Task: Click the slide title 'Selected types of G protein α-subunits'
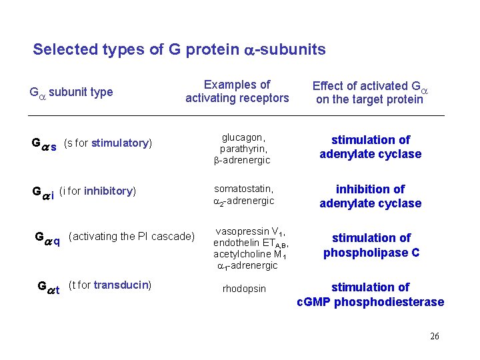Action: [x=179, y=49]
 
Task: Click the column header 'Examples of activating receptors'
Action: [x=237, y=92]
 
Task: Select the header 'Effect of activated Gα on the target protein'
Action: [x=370, y=93]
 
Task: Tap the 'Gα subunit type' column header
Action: [x=71, y=92]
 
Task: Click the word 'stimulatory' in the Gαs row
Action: [x=120, y=143]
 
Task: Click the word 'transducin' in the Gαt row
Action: [x=122, y=285]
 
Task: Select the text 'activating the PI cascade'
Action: [x=131, y=237]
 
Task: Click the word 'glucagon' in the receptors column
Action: [x=241, y=137]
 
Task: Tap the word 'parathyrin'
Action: [x=243, y=149]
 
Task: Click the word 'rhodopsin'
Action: [x=244, y=289]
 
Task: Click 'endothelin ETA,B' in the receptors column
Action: [x=249, y=243]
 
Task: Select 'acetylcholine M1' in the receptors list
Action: [x=249, y=254]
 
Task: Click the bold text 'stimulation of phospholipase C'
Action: [x=371, y=245]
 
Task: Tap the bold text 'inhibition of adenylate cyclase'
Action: [x=370, y=197]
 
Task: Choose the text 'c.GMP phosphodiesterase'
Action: [x=370, y=302]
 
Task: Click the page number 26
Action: [x=434, y=336]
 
